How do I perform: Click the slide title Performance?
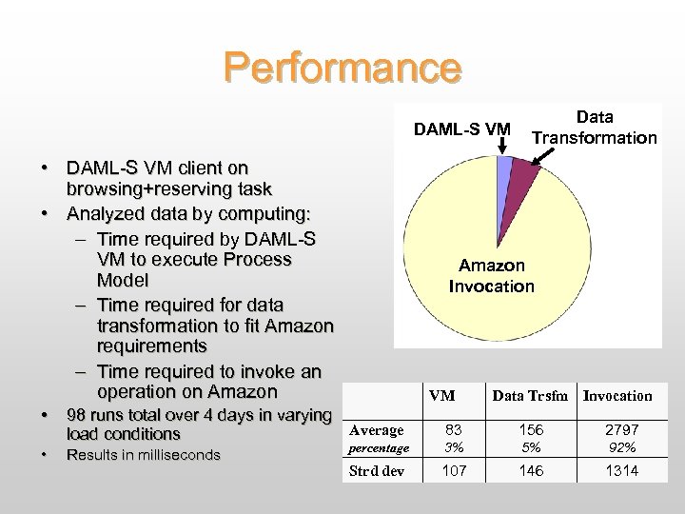pyautogui.click(x=342, y=68)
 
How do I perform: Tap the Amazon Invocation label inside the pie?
pyautogui.click(x=491, y=276)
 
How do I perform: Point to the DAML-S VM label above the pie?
pyautogui.click(x=460, y=128)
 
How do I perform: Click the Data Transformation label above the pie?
pyautogui.click(x=594, y=128)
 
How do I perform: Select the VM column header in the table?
pyautogui.click(x=441, y=396)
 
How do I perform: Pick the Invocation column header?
pyautogui.click(x=617, y=396)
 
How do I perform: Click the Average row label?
pyautogui.click(x=378, y=430)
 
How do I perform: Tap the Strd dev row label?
pyautogui.click(x=377, y=471)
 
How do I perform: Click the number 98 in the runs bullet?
pyautogui.click(x=77, y=414)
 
